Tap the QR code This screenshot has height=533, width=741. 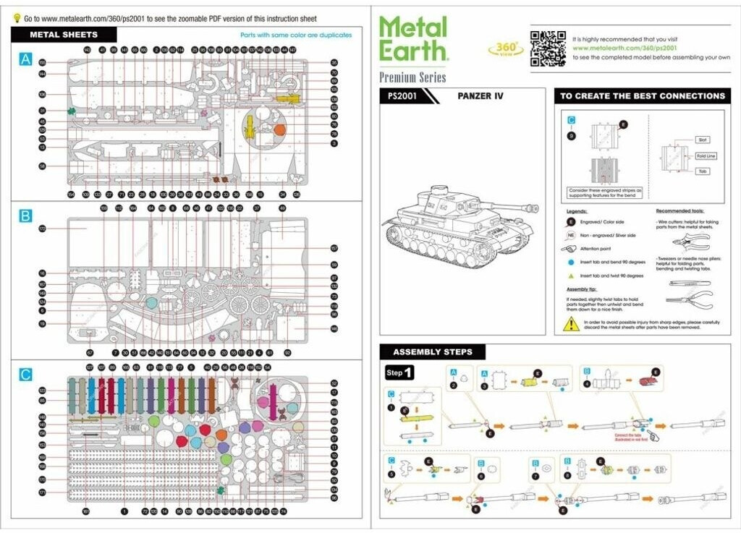click(547, 48)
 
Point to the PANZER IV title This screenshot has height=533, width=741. click(480, 96)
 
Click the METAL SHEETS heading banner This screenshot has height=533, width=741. click(64, 34)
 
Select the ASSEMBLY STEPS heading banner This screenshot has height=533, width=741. click(432, 352)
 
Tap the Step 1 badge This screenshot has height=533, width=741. click(399, 373)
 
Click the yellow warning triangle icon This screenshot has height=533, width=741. click(572, 325)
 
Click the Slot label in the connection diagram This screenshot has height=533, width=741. click(703, 140)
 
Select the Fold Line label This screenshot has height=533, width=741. click(706, 155)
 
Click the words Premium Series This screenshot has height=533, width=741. click(412, 77)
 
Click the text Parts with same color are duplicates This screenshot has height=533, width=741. click(296, 35)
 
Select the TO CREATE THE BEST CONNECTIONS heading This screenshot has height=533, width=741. click(642, 96)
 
